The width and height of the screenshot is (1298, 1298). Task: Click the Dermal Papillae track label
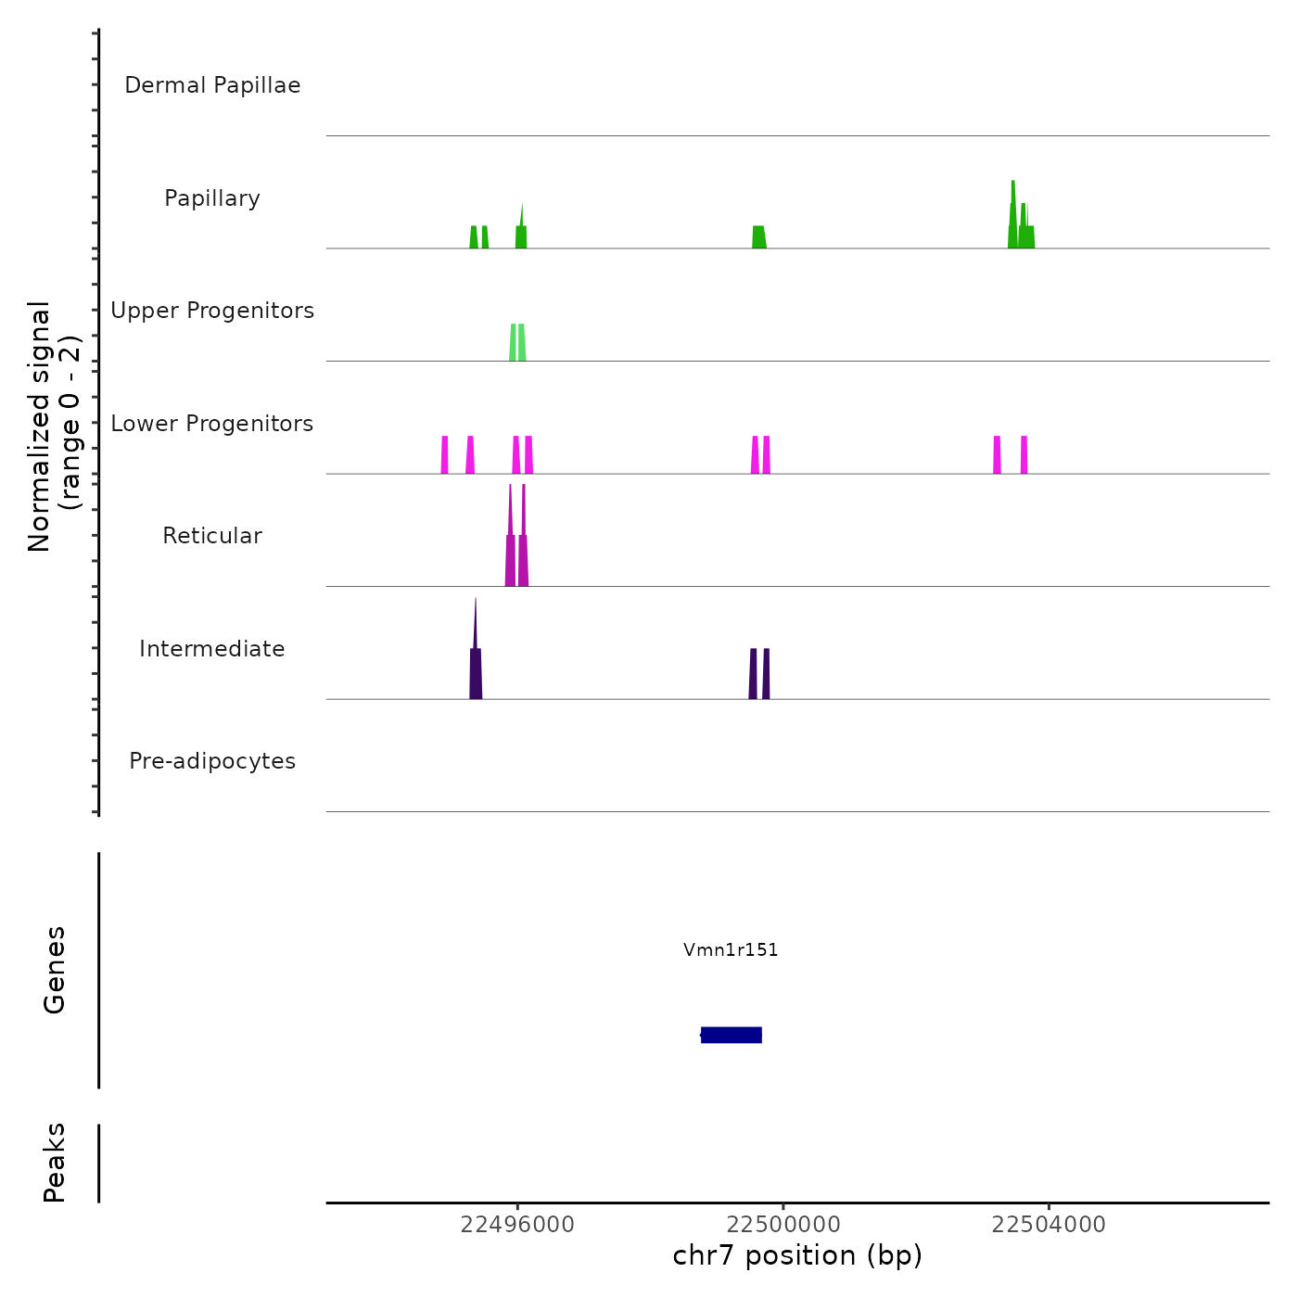tap(212, 85)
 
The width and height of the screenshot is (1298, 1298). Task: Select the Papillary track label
tap(212, 198)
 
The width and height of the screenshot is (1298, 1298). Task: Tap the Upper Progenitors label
tap(212, 311)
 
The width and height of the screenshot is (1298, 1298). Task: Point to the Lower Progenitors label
tap(212, 424)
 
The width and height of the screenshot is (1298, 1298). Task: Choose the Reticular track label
tap(212, 536)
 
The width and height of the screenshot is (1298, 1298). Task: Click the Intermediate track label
tap(212, 649)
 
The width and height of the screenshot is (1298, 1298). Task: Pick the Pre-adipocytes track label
tap(212, 761)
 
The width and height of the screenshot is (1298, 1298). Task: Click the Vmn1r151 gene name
tap(731, 949)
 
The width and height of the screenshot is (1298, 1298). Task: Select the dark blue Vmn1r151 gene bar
tap(732, 1035)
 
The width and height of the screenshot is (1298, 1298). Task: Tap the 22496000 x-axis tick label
tap(517, 1225)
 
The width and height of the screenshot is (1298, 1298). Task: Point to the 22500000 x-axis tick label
tap(783, 1225)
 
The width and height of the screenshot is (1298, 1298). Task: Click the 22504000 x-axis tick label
tap(1049, 1225)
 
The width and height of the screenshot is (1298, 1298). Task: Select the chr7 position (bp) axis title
tap(797, 1255)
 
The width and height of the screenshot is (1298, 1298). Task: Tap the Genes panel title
tap(55, 970)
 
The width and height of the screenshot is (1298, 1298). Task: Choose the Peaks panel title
tap(55, 1163)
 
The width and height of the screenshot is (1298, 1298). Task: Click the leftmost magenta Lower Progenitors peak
tap(445, 455)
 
